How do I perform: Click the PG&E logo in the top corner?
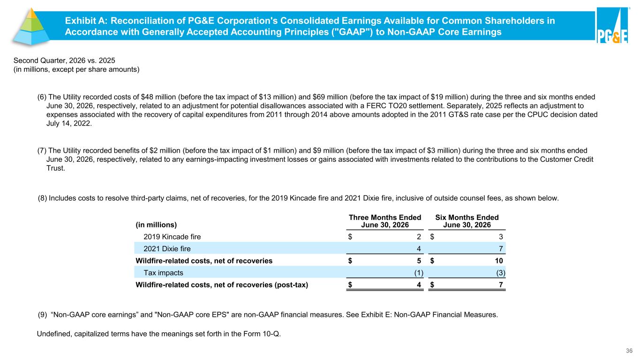612,25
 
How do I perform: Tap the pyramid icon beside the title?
31,27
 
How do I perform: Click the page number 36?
629,351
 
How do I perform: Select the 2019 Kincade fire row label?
172,237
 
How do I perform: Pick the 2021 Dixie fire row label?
167,248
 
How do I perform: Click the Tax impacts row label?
163,272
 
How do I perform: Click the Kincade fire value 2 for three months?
419,237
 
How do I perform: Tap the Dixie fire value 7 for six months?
501,248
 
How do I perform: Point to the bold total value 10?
499,261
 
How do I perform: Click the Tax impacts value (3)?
501,272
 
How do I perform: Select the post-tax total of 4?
419,285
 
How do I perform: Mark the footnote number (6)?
42,97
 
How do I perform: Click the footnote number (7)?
42,150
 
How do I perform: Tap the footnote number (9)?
43,315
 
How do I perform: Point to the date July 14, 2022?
69,123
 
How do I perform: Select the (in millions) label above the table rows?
156,225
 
